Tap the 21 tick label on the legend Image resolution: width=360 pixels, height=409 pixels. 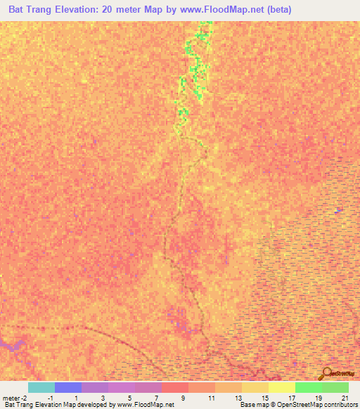pyautogui.click(x=345, y=398)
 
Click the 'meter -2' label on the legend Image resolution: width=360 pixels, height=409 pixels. pyautogui.click(x=14, y=398)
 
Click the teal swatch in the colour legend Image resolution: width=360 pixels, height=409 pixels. pyautogui.click(x=41, y=387)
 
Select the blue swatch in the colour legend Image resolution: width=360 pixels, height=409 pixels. pyautogui.click(x=67, y=387)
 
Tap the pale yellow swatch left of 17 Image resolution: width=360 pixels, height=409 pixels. pyautogui.click(x=281, y=387)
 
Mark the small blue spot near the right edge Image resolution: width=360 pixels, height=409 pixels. pyautogui.click(x=339, y=209)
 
